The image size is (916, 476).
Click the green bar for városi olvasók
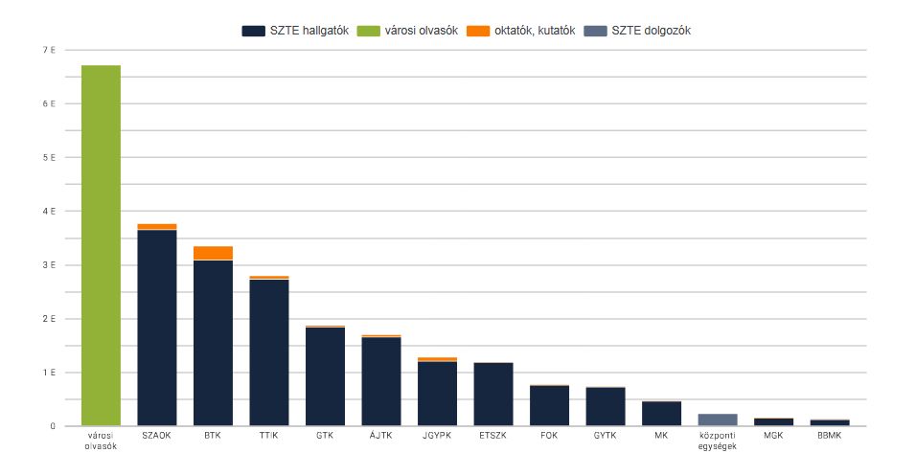pos(101,245)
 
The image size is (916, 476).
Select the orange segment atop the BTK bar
pos(213,253)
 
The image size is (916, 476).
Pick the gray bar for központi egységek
pos(718,419)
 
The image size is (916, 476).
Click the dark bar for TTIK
pos(269,352)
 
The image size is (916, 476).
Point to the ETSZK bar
pos(493,395)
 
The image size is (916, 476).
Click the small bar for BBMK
pos(830,422)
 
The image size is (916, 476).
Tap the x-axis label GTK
pos(325,436)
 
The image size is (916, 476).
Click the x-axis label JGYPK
pos(437,436)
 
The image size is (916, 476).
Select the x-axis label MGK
pos(773,436)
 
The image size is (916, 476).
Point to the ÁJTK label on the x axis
pos(381,436)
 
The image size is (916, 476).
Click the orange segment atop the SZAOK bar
pos(157,226)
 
